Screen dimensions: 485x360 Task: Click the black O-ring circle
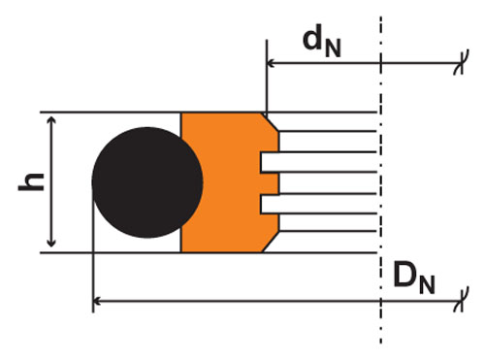pos(147,182)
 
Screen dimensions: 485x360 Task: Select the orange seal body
pos(223,182)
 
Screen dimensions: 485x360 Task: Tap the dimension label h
pos(31,182)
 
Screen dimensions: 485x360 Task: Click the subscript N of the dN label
pos(333,49)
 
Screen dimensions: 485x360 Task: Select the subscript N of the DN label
pos(427,284)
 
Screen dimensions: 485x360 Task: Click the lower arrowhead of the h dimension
pos(51,244)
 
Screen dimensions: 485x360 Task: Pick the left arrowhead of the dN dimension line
pos(271,63)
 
